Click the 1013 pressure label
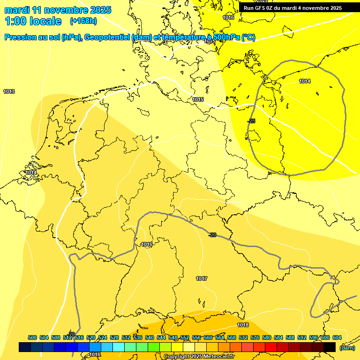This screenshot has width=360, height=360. [9, 91]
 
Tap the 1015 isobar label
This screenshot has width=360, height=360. [198, 100]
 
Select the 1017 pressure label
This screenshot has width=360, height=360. [202, 278]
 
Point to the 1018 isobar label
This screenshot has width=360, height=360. [243, 325]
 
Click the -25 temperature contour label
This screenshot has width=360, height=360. [251, 121]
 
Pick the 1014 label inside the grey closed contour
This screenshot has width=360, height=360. [305, 81]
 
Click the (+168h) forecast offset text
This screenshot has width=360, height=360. [83, 21]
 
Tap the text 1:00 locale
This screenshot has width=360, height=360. [33, 21]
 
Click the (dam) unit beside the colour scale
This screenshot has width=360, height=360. [347, 347]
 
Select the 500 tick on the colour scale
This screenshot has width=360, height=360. [32, 337]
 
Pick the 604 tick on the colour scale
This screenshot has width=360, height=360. [337, 337]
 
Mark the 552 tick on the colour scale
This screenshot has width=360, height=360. [185, 337]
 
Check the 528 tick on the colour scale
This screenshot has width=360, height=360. [114, 337]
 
